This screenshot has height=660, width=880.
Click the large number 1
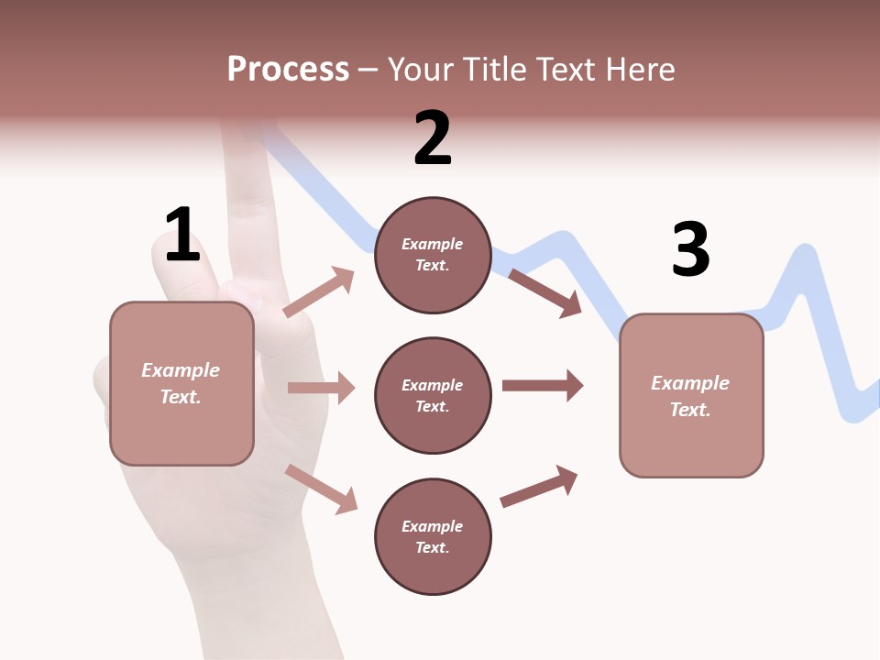182,236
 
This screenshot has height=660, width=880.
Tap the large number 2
433,138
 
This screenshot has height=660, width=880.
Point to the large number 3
691,249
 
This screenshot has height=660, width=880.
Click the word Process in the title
288,69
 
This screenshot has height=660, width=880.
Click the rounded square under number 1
181,383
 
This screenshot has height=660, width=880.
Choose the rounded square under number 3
691,396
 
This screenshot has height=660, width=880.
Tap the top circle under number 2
433,255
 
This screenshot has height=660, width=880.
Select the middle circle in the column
433,395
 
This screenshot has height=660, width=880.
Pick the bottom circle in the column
433,536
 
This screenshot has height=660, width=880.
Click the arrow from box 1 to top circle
319,292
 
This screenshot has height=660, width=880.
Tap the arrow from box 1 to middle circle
321,388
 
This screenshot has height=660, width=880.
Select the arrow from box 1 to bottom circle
321,489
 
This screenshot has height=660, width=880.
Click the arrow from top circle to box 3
544,292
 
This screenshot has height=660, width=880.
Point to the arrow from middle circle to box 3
542,386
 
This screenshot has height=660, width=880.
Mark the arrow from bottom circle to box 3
539,487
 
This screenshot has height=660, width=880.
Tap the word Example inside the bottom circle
433,526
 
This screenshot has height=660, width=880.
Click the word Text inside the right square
689,410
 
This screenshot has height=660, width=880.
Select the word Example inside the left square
181,370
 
